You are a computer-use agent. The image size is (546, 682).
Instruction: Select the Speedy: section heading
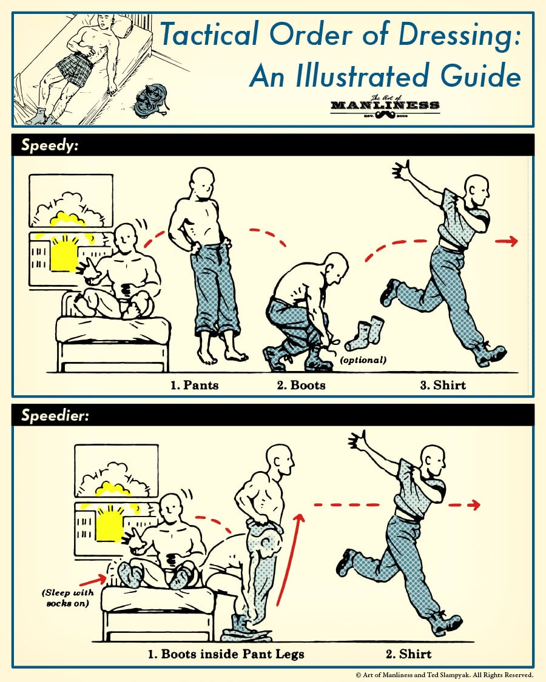click(50, 145)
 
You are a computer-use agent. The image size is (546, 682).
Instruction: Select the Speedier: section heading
click(55, 415)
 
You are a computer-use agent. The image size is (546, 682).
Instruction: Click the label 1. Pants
click(194, 385)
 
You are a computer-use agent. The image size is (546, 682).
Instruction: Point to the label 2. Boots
click(302, 385)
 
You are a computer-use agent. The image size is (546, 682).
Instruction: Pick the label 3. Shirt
click(443, 385)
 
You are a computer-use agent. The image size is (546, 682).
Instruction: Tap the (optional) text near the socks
click(363, 360)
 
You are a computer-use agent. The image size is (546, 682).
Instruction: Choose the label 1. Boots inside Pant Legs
click(226, 654)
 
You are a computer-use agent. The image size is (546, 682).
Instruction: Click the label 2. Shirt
click(408, 654)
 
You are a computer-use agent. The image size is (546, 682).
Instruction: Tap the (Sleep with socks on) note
click(67, 598)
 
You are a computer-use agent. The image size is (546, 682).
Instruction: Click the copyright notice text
click(444, 675)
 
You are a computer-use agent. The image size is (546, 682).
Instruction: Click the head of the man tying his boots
click(336, 267)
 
